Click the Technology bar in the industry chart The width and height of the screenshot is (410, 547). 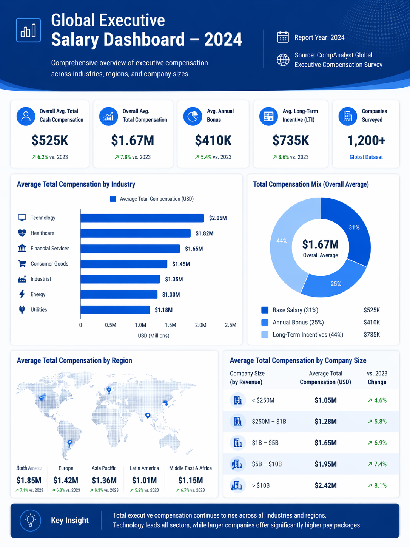pos(142,218)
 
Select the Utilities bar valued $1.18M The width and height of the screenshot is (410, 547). pos(115,310)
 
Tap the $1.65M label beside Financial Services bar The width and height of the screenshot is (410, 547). pos(194,249)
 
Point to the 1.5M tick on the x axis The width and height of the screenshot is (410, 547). pos(170,325)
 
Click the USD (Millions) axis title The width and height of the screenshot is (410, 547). pos(153,335)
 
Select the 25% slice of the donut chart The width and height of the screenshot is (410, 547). pos(332,281)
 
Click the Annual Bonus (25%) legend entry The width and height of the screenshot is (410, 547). pos(298,322)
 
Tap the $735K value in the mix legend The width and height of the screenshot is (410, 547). pos(371,335)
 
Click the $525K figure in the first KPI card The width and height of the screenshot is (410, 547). pos(50,141)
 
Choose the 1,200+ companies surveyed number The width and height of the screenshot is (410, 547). pos(366,141)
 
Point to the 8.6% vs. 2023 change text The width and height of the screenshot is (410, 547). pos(290,157)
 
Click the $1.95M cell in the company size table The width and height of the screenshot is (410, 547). pos(325,464)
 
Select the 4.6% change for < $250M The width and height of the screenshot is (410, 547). pos(377,400)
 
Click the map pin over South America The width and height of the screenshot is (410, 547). pos(69,443)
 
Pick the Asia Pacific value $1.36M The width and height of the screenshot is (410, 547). pos(104,481)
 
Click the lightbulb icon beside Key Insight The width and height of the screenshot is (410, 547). pos(31,520)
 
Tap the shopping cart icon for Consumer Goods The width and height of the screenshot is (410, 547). pos(22,264)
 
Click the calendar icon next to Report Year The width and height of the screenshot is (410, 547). pos(283,37)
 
